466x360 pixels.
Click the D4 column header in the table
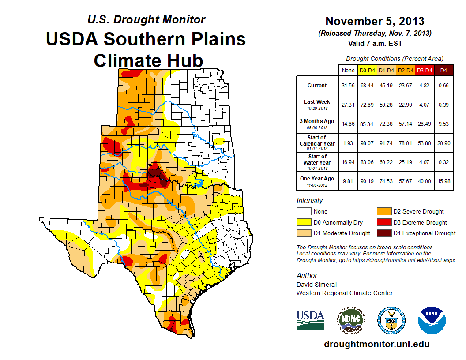coord(444,70)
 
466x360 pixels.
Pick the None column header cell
coord(348,70)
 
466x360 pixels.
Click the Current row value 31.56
coord(348,86)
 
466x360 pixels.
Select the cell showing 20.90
coord(444,143)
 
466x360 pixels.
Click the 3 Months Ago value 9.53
coord(444,124)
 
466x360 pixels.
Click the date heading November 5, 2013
coord(375,21)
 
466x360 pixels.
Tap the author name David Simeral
coord(316,285)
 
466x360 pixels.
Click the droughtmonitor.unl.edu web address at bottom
coord(376,344)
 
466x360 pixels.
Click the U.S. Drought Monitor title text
coord(146,20)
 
